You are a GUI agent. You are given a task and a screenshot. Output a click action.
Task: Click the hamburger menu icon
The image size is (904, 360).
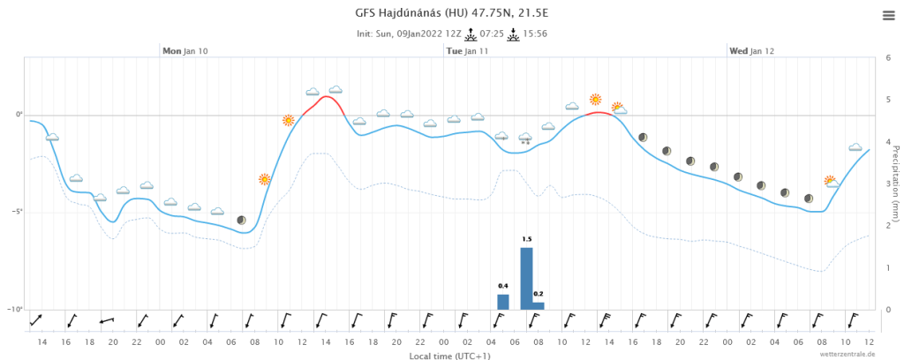(888, 15)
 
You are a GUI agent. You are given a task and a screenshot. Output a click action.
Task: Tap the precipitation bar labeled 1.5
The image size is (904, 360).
(526, 279)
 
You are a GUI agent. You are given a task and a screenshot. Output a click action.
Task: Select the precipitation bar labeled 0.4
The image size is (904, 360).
(503, 301)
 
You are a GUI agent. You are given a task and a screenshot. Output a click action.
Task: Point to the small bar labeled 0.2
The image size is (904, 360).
(539, 305)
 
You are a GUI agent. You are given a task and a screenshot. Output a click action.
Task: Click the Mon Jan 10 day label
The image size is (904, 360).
(185, 51)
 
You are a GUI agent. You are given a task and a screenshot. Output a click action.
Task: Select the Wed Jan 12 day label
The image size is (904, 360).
(751, 51)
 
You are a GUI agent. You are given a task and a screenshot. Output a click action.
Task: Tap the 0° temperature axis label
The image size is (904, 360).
(19, 115)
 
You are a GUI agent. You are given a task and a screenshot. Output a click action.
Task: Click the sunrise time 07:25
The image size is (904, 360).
(493, 34)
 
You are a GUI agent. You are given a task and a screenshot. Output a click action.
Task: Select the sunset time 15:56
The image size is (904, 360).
(535, 34)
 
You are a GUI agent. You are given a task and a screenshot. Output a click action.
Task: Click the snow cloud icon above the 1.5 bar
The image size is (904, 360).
(526, 138)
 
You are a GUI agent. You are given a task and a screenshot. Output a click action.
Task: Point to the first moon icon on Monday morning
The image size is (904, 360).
(241, 220)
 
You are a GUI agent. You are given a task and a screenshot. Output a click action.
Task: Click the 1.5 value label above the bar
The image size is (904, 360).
(526, 239)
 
